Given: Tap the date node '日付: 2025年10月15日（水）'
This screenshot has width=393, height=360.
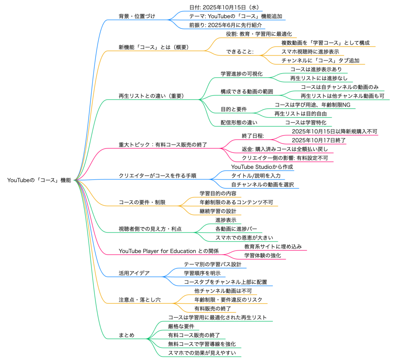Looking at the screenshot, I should [225, 7].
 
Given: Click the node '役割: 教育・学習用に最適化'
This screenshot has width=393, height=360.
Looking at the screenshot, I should [259, 34].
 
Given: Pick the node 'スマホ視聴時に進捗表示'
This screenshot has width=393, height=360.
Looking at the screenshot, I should [310, 52].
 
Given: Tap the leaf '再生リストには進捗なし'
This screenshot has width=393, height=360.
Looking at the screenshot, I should [318, 79].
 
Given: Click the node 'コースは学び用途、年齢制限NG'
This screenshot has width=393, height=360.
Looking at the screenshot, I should [312, 105].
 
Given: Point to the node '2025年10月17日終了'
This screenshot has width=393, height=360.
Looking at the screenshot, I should [319, 140].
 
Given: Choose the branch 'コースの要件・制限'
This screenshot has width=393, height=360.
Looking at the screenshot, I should [142, 202].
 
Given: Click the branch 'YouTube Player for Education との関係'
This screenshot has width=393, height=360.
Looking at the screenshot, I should [169, 251].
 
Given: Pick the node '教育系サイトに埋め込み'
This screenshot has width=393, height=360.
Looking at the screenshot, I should [273, 246].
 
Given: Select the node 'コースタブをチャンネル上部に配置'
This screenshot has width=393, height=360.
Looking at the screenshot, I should [228, 282].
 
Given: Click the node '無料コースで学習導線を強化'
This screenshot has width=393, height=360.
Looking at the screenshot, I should [201, 344].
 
